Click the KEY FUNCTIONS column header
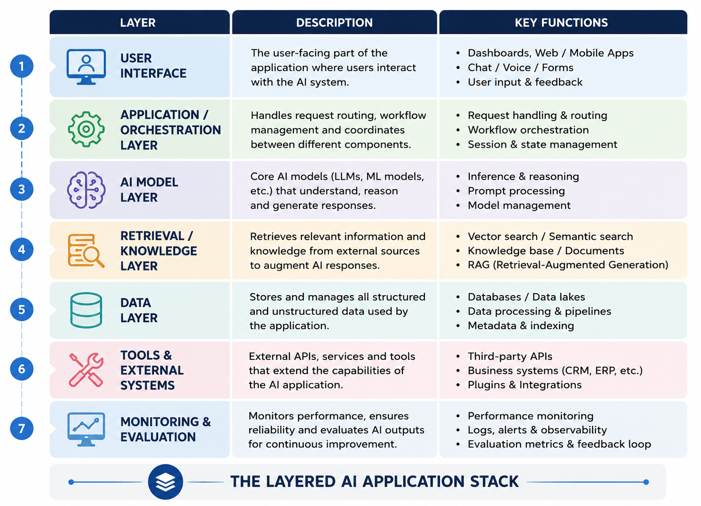561,22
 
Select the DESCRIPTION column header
334,22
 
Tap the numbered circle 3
21,189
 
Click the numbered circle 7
21,428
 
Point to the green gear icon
86,129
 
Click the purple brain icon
86,190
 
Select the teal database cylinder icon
86,310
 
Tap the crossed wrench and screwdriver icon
86,370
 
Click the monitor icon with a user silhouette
86,67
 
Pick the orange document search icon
86,251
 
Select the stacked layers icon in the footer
165,482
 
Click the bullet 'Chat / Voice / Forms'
521,67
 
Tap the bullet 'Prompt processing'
516,191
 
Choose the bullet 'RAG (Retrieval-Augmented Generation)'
568,265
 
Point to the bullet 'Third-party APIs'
510,356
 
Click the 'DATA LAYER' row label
139,310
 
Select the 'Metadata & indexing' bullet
521,325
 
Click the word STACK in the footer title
495,482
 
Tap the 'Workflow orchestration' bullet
528,130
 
